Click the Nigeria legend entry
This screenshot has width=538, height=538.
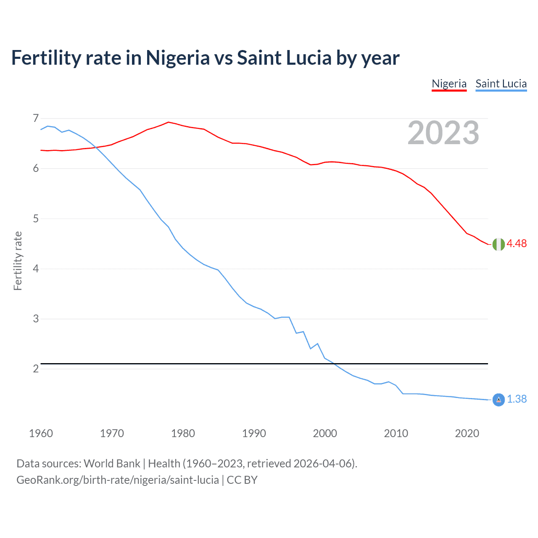coord(449,84)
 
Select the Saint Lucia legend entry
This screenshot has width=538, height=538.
coord(501,84)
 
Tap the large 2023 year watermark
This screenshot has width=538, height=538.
coord(443,133)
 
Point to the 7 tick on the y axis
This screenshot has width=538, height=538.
coord(36,118)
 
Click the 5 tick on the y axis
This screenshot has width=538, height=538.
coord(36,219)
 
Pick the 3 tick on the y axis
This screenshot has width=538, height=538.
coord(36,319)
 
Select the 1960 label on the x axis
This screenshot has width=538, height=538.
coord(41,433)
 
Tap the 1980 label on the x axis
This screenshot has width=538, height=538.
coord(183,433)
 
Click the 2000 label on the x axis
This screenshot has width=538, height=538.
coord(325,433)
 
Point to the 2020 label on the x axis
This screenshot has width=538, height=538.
coord(467,433)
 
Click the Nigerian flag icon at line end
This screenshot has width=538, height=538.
coord(498,244)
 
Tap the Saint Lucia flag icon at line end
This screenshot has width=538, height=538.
coord(498,400)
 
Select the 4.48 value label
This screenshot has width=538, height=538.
coord(517,244)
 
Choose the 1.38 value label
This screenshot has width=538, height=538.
coord(517,399)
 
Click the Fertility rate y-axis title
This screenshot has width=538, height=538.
coord(18,261)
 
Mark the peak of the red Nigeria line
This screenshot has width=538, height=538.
coord(169,122)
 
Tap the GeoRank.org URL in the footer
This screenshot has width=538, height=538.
coord(118,480)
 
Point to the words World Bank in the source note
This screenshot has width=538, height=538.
coord(112,464)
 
